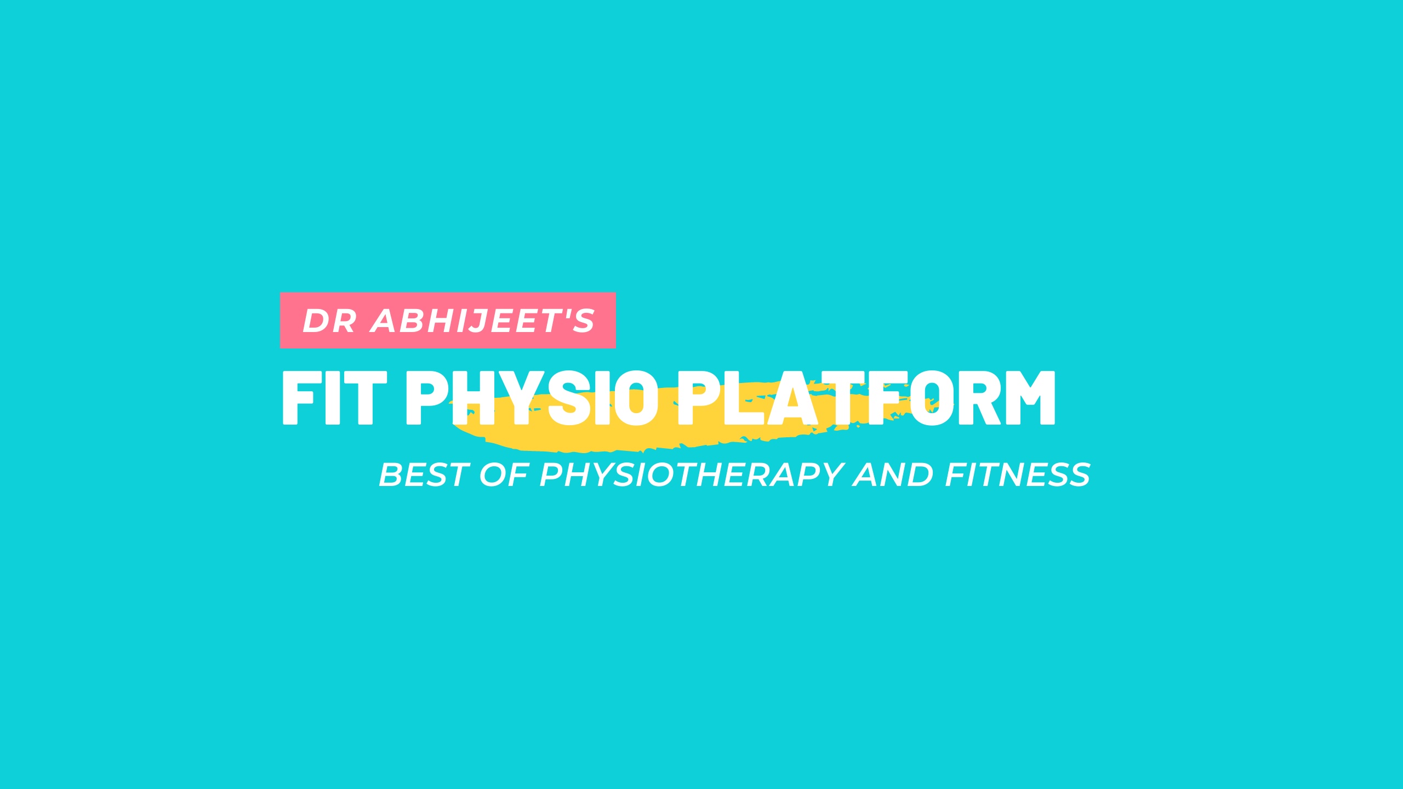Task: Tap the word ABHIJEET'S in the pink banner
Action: click(x=483, y=321)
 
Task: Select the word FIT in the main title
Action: click(x=334, y=398)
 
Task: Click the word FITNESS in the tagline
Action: click(x=1018, y=474)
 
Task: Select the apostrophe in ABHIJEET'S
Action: click(x=562, y=314)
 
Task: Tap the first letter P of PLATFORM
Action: click(x=700, y=398)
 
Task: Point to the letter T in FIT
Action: click(x=364, y=398)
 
